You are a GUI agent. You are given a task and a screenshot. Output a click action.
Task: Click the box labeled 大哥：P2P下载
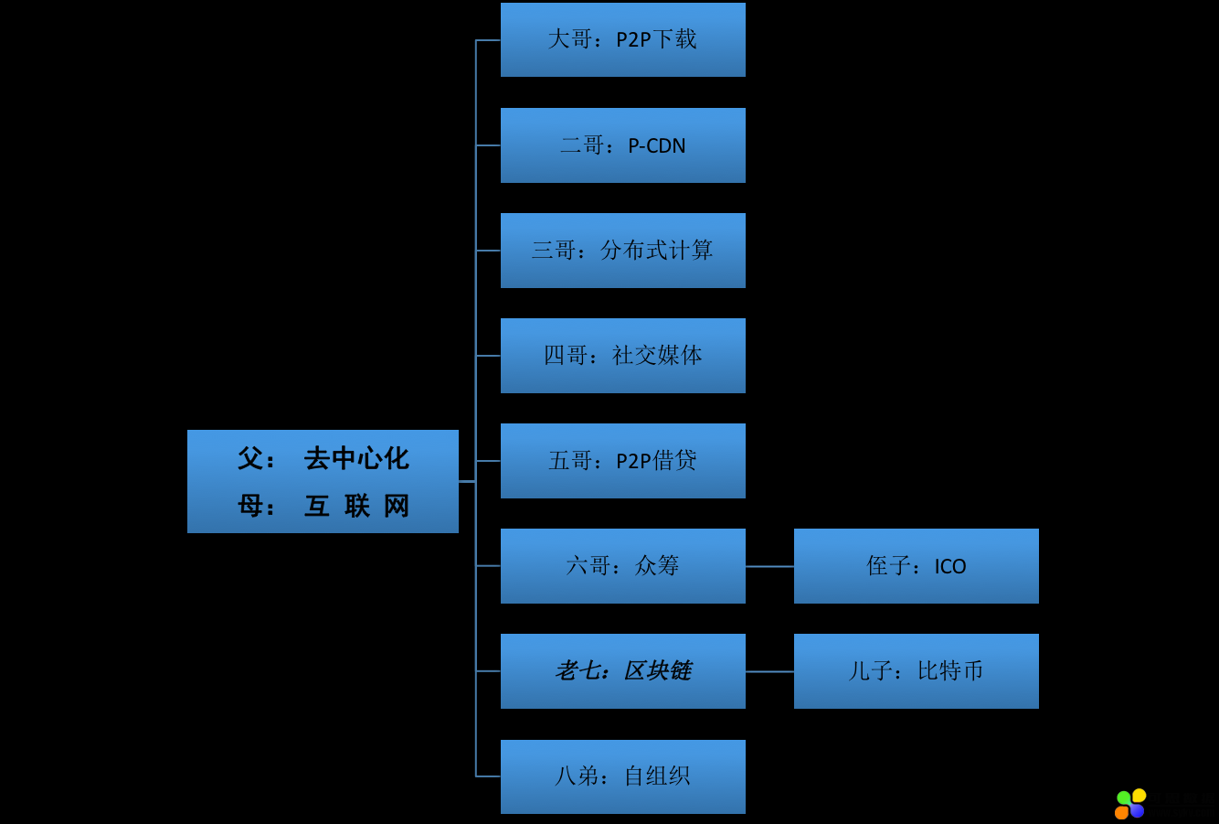pyautogui.click(x=622, y=39)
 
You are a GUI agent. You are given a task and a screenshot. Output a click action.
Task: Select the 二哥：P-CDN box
pyautogui.click(x=622, y=145)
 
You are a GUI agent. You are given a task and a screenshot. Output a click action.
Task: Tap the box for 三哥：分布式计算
pyautogui.click(x=622, y=251)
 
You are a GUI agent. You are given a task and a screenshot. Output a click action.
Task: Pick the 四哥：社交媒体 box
pyautogui.click(x=622, y=356)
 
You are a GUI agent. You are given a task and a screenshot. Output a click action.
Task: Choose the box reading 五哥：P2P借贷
pyautogui.click(x=622, y=461)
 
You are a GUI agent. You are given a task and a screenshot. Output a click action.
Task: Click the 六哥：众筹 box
pyautogui.click(x=622, y=566)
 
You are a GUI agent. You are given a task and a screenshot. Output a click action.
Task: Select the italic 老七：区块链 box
pyautogui.click(x=622, y=671)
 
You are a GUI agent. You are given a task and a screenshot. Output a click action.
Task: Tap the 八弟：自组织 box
pyautogui.click(x=622, y=776)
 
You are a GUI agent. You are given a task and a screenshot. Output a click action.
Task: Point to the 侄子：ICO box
pyautogui.click(x=916, y=566)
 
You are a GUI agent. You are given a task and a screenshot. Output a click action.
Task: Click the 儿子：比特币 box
pyautogui.click(x=916, y=671)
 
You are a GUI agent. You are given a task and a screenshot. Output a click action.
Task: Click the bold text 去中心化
pyautogui.click(x=356, y=458)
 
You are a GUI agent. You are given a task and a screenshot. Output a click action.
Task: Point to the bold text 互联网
pyautogui.click(x=356, y=506)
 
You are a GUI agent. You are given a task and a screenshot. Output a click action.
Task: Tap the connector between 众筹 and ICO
pyautogui.click(x=769, y=566)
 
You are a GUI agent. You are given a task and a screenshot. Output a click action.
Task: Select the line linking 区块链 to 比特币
pyautogui.click(x=769, y=671)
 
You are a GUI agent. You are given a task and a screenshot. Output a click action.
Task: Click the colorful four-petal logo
pyautogui.click(x=1130, y=804)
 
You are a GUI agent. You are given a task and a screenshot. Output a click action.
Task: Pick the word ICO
pyautogui.click(x=950, y=567)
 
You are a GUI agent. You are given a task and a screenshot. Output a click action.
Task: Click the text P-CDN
pyautogui.click(x=656, y=146)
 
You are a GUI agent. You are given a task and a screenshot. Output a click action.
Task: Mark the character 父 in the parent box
pyautogui.click(x=250, y=458)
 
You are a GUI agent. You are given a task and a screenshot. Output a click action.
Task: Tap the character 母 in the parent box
pyautogui.click(x=250, y=506)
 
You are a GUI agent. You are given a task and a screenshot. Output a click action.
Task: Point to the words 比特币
pyautogui.click(x=950, y=671)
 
